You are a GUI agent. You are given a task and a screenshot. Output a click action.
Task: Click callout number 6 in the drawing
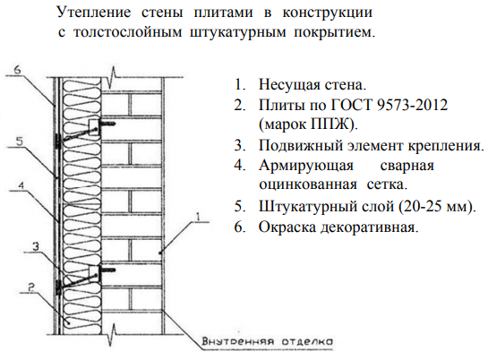17,70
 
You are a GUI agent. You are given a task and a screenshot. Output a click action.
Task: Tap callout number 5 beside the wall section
20,141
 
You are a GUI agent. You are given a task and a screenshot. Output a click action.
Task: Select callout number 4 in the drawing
21,185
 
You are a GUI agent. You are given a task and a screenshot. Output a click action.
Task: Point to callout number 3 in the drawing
37,247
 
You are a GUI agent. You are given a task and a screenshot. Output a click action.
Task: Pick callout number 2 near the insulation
31,287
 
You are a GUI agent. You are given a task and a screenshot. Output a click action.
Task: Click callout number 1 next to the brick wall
198,216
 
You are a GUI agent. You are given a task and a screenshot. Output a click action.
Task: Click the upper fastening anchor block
94,127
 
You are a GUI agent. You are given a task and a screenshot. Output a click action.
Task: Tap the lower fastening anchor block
94,273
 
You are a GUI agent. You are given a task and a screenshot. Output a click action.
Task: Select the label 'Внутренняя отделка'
268,341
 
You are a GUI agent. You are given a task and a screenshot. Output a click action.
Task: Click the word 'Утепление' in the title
94,13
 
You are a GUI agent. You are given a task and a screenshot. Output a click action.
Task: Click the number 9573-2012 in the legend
412,105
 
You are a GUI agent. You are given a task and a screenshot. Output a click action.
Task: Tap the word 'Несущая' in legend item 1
289,85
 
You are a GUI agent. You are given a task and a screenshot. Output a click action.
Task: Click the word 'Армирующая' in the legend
306,166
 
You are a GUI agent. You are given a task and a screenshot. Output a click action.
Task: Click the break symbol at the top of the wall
112,77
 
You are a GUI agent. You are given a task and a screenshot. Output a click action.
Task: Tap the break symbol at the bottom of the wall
112,335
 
